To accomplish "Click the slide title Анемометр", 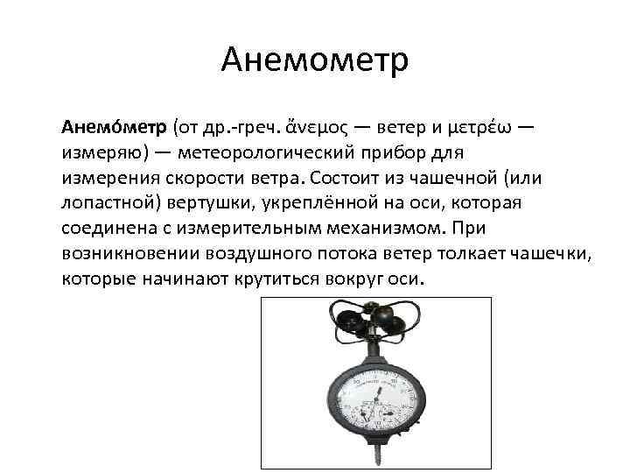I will [315, 60].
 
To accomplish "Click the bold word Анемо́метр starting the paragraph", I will [114, 128].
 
